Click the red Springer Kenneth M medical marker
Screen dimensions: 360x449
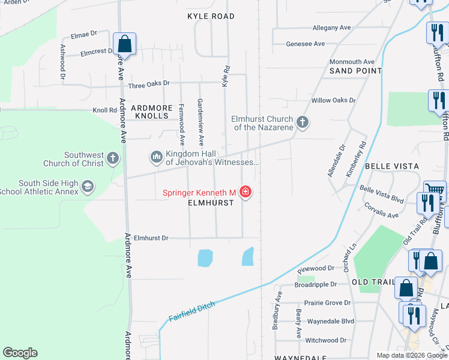click(245, 192)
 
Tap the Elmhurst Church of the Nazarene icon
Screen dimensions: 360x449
click(303, 122)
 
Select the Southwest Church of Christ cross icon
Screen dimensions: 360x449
click(113, 158)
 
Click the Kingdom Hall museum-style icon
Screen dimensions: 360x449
click(157, 157)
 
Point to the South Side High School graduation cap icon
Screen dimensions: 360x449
click(87, 187)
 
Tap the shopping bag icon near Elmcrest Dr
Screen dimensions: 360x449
click(124, 44)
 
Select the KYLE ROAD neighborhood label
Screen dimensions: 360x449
click(210, 16)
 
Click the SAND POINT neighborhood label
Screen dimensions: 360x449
click(355, 71)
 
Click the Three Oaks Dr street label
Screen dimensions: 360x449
click(149, 83)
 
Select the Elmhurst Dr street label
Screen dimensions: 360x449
click(151, 238)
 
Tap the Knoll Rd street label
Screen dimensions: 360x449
click(104, 110)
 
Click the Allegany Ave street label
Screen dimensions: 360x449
click(331, 28)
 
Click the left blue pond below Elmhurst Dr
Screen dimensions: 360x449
click(205, 257)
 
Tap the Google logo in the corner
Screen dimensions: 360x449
click(20, 352)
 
